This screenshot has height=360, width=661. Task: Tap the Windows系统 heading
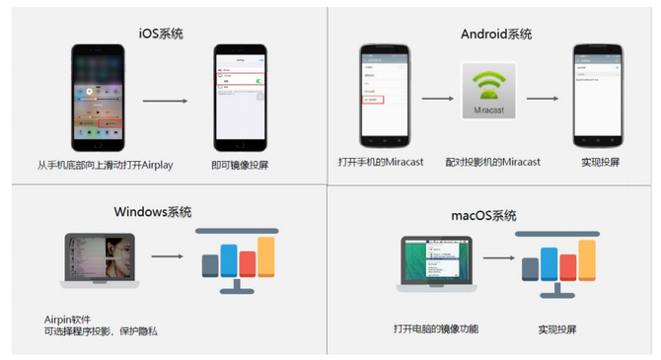152,212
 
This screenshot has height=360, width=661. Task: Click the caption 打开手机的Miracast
380,162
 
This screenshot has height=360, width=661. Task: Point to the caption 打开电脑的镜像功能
434,327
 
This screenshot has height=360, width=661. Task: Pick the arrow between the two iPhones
165,100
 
